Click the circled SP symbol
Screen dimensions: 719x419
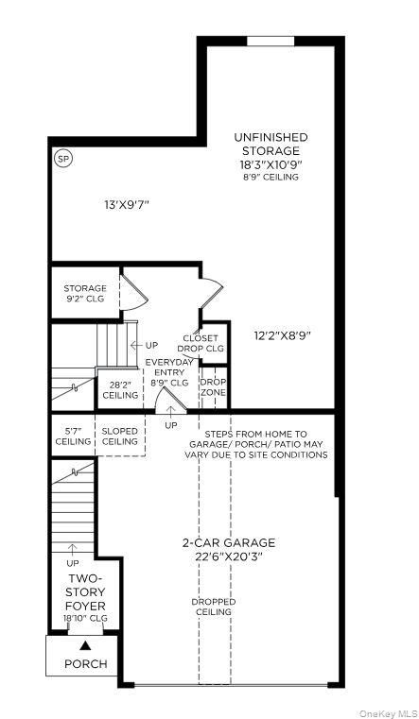63,158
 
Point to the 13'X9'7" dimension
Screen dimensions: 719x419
128,204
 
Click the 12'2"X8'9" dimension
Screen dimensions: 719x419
283,334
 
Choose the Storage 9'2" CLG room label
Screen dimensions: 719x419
85,293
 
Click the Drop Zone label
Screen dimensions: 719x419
213,387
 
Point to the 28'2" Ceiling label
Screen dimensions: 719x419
120,389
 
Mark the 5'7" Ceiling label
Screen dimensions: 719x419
73,437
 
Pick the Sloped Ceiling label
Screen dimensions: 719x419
119,437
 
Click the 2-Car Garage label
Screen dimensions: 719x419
229,549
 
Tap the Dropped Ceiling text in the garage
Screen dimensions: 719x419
213,607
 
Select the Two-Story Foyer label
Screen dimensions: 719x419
86,592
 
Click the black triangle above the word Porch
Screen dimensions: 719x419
85,645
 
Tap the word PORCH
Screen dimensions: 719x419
85,664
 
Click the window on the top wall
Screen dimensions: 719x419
271,41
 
